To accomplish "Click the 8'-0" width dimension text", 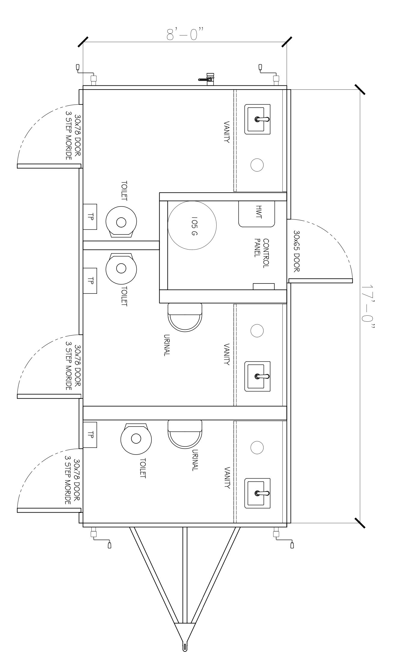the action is pyautogui.click(x=186, y=34).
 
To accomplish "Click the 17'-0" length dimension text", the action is pyautogui.click(x=367, y=307).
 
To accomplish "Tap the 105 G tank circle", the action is pyautogui.click(x=192, y=225).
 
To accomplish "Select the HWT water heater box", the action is pyautogui.click(x=257, y=214).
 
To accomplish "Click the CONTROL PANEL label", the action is pyautogui.click(x=261, y=253).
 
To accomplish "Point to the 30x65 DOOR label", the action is pyautogui.click(x=297, y=251).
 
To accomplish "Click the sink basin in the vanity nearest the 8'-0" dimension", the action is pyautogui.click(x=257, y=119).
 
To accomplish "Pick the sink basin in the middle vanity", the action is pyautogui.click(x=257, y=376).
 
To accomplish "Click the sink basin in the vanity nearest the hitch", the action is pyautogui.click(x=257, y=493).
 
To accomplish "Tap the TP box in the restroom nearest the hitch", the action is pyautogui.click(x=90, y=435).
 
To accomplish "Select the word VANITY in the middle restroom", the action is pyautogui.click(x=227, y=354).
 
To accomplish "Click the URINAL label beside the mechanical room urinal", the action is pyautogui.click(x=167, y=345).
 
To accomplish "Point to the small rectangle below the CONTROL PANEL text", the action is pyautogui.click(x=263, y=286).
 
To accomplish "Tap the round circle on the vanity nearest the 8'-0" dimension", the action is pyautogui.click(x=257, y=165).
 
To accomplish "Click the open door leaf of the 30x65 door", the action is pyautogui.click(x=320, y=281).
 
